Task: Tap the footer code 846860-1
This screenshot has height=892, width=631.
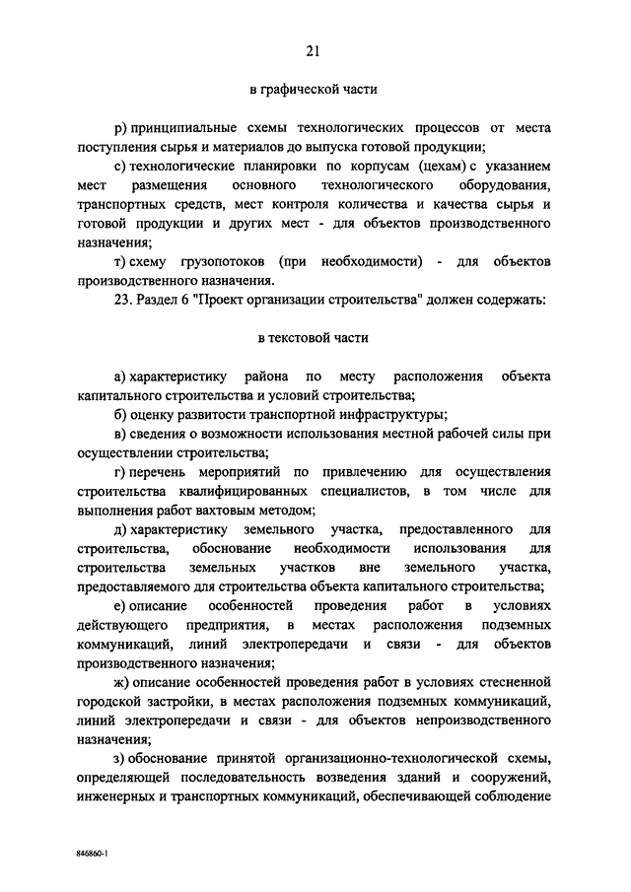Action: pos(95,846)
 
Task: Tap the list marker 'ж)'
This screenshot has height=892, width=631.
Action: pos(121,682)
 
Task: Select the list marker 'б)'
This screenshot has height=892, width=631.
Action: pos(120,414)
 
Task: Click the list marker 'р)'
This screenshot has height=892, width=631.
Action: pos(120,128)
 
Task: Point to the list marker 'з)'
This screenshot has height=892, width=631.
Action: pos(120,758)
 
